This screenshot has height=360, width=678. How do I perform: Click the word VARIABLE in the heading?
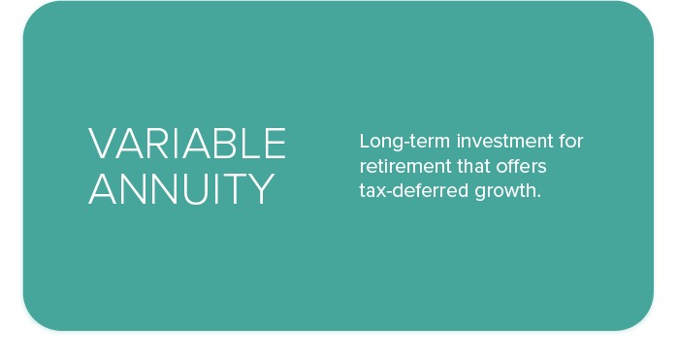pos(187,144)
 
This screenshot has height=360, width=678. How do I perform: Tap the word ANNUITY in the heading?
pos(181,189)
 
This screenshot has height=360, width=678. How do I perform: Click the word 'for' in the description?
pos(571,142)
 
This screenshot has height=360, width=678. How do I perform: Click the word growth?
pos(505,191)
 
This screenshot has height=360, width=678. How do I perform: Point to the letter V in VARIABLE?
pos(100,144)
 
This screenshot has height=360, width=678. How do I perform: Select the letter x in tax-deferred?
pos(380,191)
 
